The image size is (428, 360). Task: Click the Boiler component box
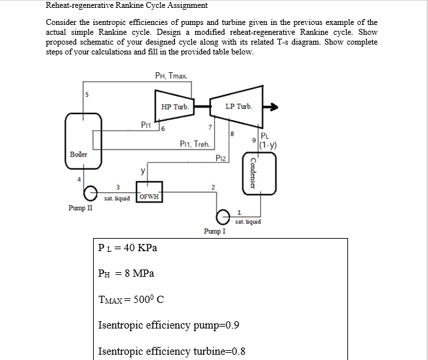78,140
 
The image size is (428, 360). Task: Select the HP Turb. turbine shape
174,106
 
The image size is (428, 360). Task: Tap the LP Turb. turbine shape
238,106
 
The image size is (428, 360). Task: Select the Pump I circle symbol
223,214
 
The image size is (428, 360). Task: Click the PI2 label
222,158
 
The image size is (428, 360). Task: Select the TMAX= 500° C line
130,299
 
